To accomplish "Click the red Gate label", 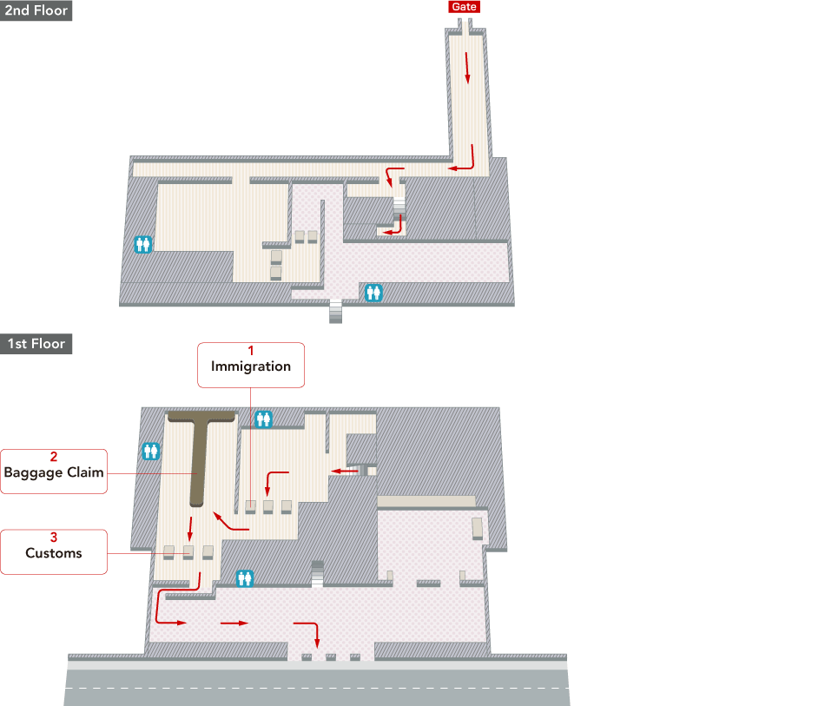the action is (464, 7).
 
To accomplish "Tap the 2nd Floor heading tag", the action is (36, 10).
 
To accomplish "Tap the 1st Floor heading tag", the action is (36, 344).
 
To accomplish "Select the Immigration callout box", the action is (251, 365).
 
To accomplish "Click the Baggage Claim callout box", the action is (54, 472).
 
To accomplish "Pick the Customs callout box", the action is (54, 551).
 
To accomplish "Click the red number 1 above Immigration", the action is (251, 350).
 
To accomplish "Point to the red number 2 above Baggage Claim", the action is (54, 457).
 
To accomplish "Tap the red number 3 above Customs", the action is (54, 538).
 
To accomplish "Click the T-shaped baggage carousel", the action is (200, 452).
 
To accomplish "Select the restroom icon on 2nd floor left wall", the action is (142, 244).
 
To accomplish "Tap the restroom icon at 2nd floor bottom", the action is (373, 293).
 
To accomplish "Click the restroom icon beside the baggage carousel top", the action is (263, 419).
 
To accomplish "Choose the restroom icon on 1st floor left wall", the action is (151, 451).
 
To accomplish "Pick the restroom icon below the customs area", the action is (245, 578).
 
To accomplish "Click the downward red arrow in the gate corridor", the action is (466, 68).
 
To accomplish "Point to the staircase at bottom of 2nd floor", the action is (336, 311).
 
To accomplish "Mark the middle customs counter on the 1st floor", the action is (188, 551).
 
